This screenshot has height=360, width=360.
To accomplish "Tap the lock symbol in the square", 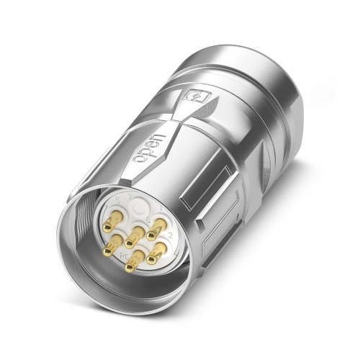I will click(194, 93).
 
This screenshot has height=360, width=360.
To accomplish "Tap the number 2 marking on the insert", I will click(169, 235).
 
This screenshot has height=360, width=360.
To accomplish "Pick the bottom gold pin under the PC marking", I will click(131, 267).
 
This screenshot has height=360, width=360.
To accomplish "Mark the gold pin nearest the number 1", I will click(153, 229).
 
